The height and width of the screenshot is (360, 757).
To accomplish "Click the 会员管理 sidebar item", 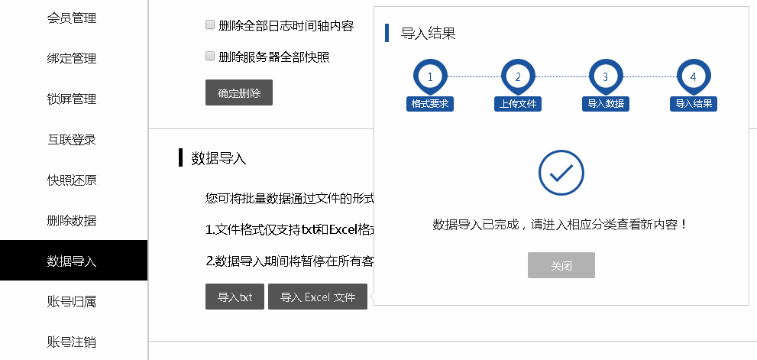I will (72, 18).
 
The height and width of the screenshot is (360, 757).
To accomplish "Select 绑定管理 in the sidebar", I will (72, 58).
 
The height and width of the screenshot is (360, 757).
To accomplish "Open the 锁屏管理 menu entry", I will (72, 99).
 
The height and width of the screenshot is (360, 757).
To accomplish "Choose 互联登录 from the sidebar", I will (72, 139).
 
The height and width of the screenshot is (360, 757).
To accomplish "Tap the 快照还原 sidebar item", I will (72, 180).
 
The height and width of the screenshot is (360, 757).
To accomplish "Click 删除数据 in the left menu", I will (72, 220).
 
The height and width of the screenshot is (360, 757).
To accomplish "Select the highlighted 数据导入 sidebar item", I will (72, 261).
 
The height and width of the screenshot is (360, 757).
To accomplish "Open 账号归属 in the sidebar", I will (72, 301).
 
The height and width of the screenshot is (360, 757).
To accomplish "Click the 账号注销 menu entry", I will (72, 341).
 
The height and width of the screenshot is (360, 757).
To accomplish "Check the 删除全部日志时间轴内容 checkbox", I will (210, 25).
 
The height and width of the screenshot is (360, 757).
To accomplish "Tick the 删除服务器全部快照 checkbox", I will (210, 56).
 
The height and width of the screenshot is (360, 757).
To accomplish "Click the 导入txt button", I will (235, 297).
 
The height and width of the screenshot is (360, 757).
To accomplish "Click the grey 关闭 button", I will (561, 265).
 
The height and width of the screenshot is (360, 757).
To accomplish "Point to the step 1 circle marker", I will (430, 76).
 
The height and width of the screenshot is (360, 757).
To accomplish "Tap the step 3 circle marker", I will (605, 76).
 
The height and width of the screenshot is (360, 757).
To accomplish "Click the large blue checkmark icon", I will (561, 173).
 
